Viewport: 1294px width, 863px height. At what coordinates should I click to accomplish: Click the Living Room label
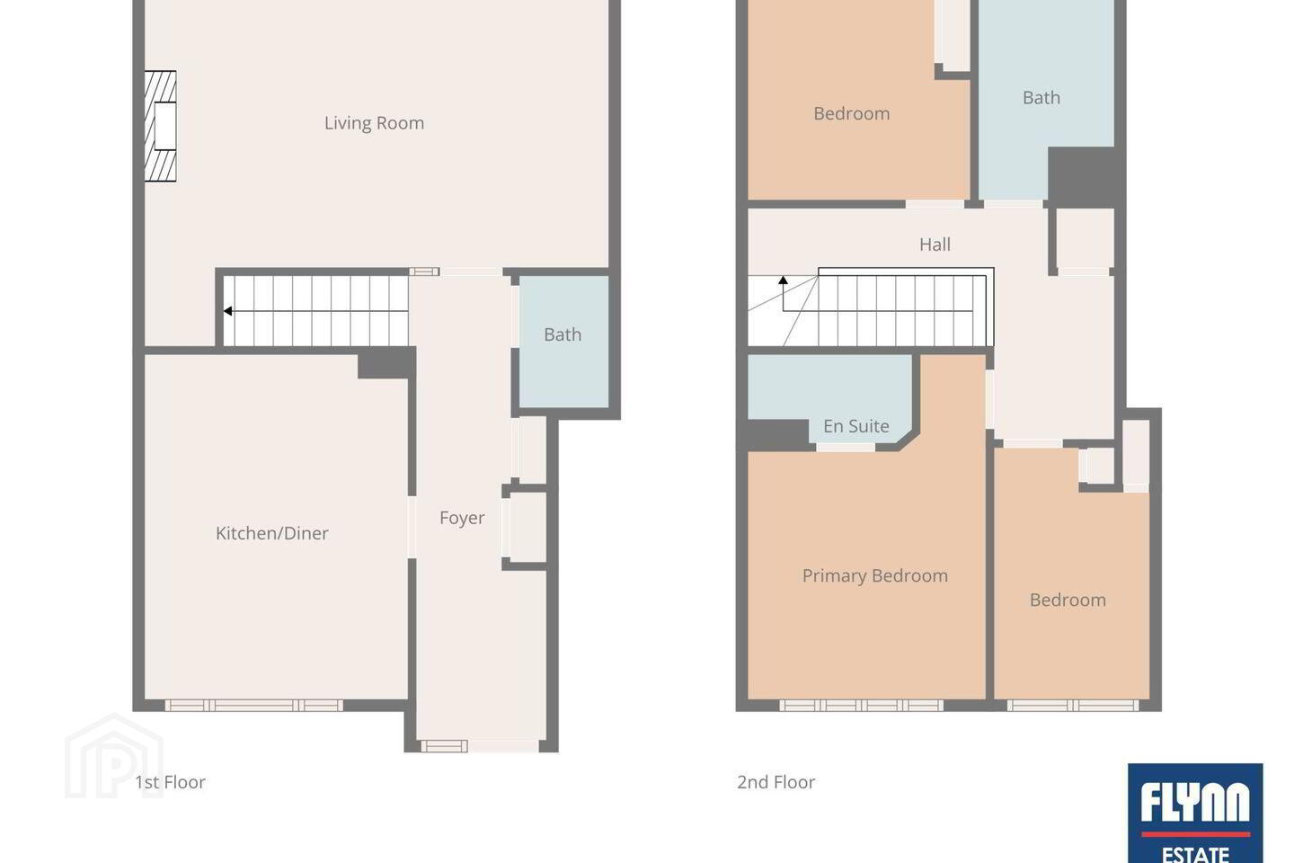[x=374, y=123]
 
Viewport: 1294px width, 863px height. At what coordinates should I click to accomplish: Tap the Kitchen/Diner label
[x=271, y=533]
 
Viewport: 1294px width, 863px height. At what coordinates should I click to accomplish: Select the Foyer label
[x=462, y=518]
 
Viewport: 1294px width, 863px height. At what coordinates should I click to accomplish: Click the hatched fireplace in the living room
[x=160, y=126]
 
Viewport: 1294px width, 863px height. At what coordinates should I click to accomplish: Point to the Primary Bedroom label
[x=874, y=575]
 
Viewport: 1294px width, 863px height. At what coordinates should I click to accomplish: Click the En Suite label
[x=855, y=426]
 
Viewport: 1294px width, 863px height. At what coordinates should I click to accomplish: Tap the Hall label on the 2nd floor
[x=935, y=245]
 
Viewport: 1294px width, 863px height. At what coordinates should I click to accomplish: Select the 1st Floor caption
[x=170, y=782]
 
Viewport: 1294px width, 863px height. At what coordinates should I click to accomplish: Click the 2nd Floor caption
[x=776, y=782]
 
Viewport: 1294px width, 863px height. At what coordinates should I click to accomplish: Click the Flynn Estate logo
[x=1194, y=813]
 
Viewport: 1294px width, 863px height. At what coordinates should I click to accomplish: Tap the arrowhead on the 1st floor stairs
[x=227, y=312]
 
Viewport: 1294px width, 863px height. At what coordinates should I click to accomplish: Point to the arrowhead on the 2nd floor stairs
[x=783, y=280]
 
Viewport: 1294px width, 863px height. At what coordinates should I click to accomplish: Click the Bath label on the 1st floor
[x=563, y=334]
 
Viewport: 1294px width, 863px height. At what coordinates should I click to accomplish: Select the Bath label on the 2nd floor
[x=1041, y=98]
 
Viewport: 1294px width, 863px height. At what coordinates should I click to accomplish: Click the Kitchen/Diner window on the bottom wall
[x=253, y=705]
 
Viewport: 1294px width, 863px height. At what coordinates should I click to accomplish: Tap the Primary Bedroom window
[x=861, y=705]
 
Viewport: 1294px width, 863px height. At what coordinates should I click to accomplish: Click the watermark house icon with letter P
[x=114, y=756]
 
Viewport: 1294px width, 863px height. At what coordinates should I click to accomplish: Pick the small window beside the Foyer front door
[x=444, y=746]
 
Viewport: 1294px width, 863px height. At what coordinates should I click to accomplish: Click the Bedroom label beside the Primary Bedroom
[x=1068, y=600]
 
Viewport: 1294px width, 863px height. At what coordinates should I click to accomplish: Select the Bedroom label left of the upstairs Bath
[x=852, y=113]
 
